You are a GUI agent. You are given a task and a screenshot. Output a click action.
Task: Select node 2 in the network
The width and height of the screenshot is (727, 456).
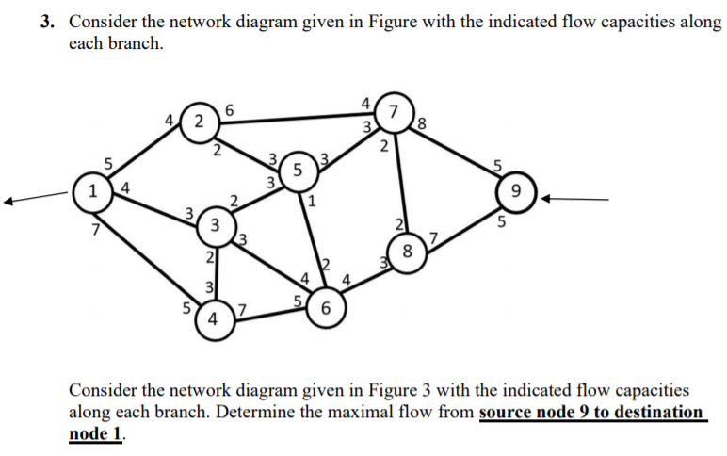click(x=196, y=123)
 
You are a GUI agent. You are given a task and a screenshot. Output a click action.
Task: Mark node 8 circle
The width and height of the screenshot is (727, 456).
click(x=406, y=252)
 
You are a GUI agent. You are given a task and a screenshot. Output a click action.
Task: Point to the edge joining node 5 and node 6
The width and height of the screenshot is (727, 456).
click(x=311, y=240)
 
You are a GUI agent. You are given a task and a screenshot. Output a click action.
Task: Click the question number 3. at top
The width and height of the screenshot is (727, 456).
click(x=50, y=24)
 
